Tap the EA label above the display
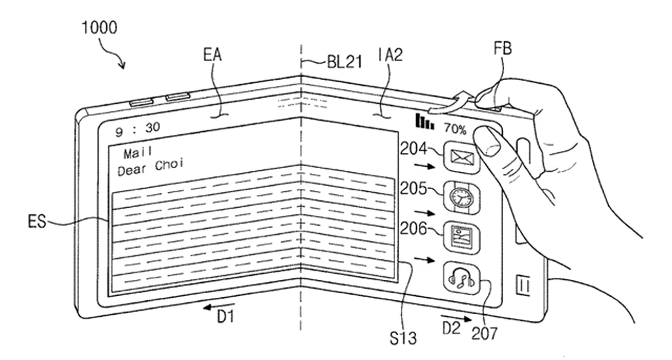click(213, 55)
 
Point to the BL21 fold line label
click(344, 63)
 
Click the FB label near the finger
click(502, 50)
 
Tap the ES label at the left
click(37, 222)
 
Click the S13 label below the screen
click(403, 337)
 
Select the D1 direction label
click(225, 317)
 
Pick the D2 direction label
click(450, 326)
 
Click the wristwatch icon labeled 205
click(462, 197)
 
